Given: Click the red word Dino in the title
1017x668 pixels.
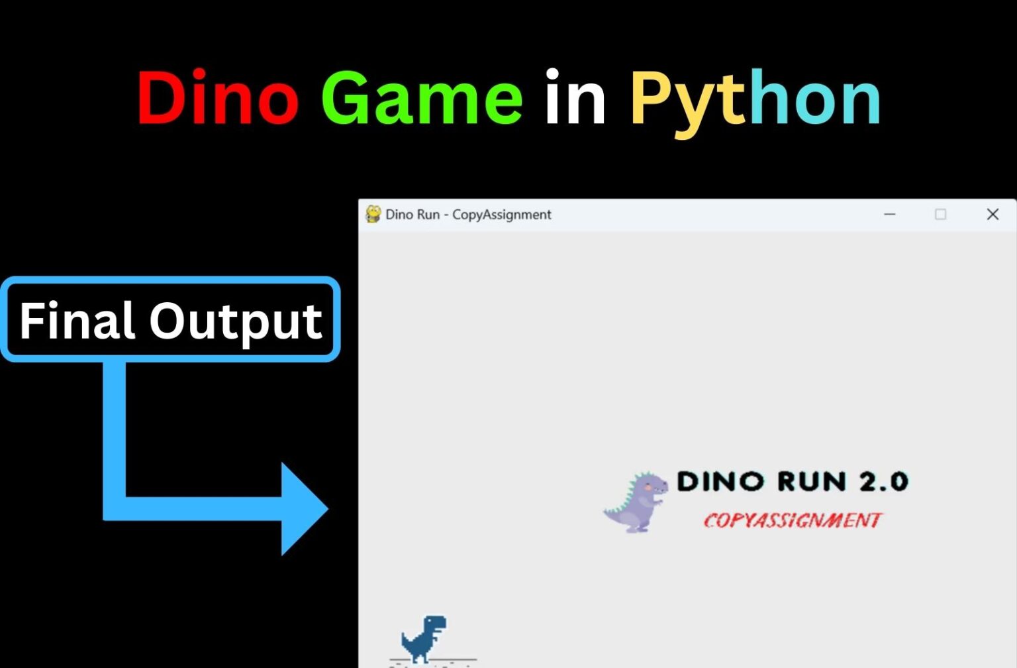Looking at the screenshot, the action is point(218,97).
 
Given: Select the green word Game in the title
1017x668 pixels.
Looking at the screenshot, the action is point(422,97).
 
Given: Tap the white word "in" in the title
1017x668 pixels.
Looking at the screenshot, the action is point(575,96).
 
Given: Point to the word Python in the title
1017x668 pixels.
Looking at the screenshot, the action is point(756,102).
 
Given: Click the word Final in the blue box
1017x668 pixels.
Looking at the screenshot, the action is point(77,320).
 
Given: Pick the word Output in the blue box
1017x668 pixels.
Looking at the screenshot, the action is point(236,323).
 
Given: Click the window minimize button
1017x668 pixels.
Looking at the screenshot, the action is point(890,214).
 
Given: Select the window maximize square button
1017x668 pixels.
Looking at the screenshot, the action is point(941,214).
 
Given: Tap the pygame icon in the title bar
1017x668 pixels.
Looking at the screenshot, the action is point(373,214).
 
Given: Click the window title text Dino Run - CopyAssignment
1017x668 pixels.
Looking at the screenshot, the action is point(468,215).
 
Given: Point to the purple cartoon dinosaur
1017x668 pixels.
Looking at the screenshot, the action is point(636,502).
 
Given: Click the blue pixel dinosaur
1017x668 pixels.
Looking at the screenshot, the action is point(424,638).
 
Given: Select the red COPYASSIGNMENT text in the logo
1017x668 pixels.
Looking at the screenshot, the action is point(793,520).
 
